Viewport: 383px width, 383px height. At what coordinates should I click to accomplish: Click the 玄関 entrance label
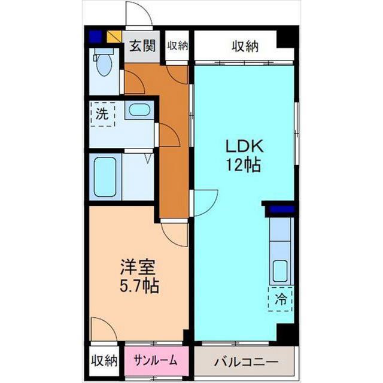tap(142, 46)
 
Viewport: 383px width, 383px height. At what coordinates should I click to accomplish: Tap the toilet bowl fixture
tap(104, 62)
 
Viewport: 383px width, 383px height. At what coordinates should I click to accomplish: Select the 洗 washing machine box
tap(102, 114)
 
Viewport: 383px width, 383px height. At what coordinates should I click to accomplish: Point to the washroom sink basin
tap(139, 110)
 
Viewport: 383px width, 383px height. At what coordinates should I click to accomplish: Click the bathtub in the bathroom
tap(105, 177)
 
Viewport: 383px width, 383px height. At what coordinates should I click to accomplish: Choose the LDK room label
tap(244, 147)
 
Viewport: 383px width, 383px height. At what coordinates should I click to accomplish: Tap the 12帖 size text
tap(244, 165)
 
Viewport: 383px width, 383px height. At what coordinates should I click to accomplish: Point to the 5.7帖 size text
tap(139, 285)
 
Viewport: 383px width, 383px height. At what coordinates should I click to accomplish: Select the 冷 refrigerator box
tap(281, 299)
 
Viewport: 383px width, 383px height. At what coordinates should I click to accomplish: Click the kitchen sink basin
tap(280, 271)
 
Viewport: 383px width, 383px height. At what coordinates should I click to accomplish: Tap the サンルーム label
tap(156, 360)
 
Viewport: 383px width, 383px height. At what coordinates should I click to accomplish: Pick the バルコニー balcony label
tap(246, 361)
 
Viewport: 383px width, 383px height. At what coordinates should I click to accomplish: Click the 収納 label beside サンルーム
tap(104, 360)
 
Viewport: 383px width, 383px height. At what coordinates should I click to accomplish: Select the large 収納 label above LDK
tap(245, 46)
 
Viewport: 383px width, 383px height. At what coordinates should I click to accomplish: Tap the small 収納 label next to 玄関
tap(178, 45)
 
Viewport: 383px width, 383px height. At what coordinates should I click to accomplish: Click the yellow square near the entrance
tap(114, 36)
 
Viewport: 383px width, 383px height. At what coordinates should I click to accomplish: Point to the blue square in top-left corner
tap(95, 37)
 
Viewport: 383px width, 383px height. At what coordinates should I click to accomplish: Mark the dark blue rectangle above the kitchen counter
tap(281, 209)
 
